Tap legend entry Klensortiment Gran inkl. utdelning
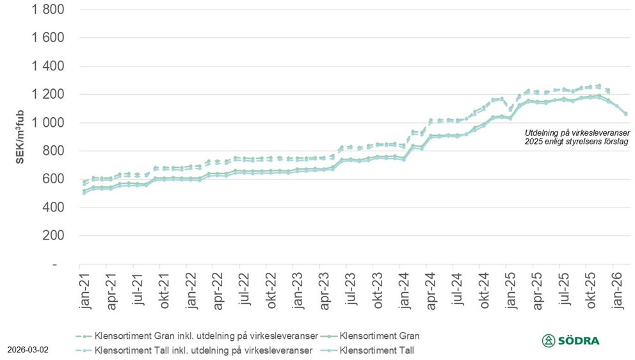pos(204,336)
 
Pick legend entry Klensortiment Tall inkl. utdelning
pos(204,350)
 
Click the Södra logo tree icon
pos(549,341)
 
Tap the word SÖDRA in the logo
pos(578,341)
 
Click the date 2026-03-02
pos(28,350)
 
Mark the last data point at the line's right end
pos(625,114)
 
